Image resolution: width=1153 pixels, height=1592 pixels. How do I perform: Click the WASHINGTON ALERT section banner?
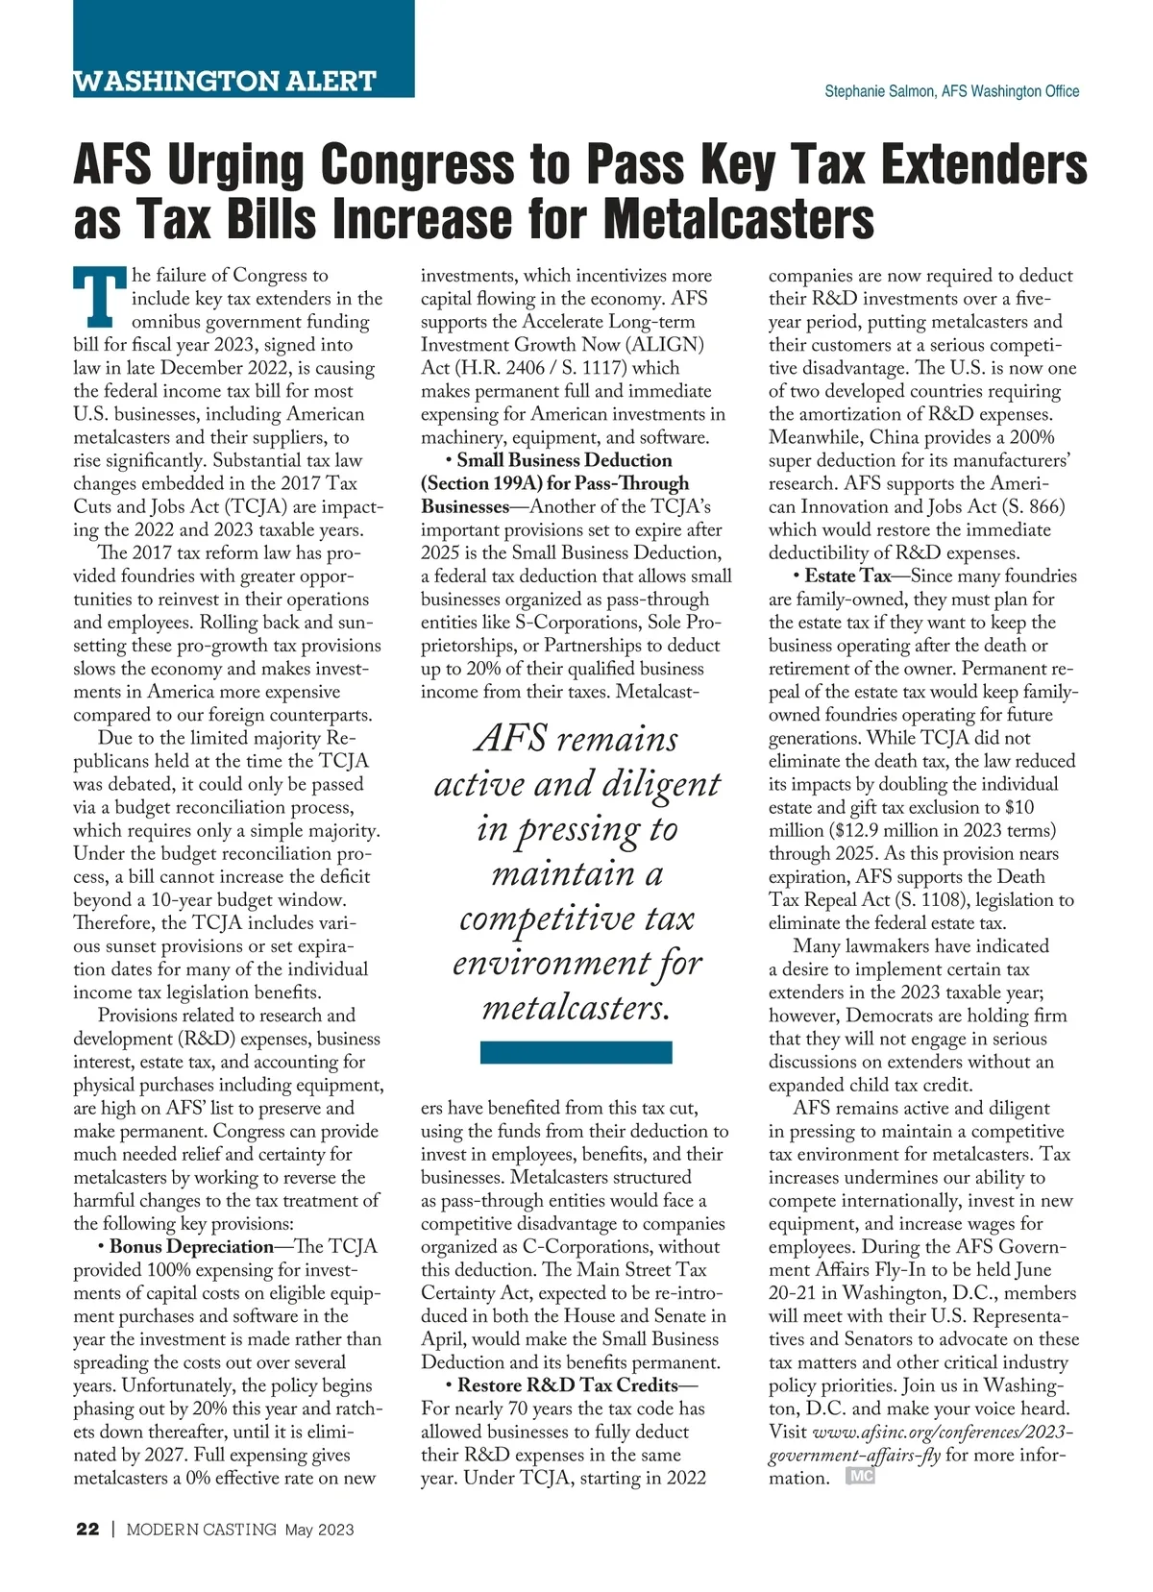[x=225, y=81]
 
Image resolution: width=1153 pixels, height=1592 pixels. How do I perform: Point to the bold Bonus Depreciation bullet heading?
[x=191, y=1247]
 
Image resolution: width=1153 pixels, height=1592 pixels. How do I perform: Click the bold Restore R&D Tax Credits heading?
[x=568, y=1385]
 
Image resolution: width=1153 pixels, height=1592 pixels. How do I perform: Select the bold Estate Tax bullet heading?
[x=847, y=576]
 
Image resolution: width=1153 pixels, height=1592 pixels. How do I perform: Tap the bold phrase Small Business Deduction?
[x=564, y=460]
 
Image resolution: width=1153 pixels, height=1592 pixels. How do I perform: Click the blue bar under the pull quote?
[x=576, y=1052]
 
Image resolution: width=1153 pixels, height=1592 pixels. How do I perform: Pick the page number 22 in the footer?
[x=87, y=1530]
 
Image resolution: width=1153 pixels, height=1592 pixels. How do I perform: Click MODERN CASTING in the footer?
[x=202, y=1530]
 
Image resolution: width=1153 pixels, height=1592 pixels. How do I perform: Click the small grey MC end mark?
[x=860, y=1477]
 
